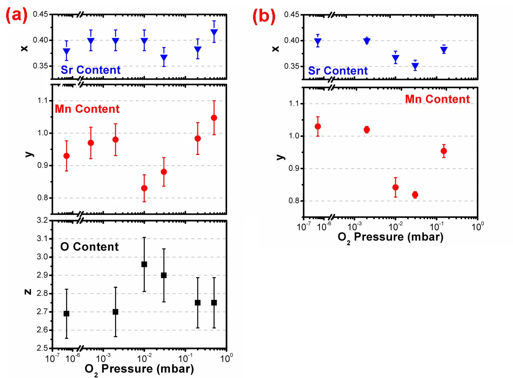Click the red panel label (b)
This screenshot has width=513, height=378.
pos(264,16)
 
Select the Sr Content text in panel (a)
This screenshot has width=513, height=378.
pos(90,70)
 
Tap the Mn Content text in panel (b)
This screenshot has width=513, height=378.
pos(437,99)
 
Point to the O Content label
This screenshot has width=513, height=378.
pos(89,247)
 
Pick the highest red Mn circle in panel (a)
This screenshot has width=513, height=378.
pos(214,118)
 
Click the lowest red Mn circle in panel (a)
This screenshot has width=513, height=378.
pos(144,188)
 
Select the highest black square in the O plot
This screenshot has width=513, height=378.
pos(144,264)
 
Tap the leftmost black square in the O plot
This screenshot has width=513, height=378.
pos(66,313)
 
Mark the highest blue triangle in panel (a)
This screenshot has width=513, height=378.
pos(214,33)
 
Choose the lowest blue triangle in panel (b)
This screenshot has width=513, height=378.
pos(415,66)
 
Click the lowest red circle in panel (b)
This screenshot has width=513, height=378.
pos(415,195)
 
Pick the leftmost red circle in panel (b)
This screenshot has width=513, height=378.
pos(318,126)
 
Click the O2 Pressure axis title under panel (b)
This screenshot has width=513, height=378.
pos(390,237)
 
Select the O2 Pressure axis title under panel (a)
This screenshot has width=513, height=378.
pos(139,369)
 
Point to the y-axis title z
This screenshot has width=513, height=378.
pos(28,292)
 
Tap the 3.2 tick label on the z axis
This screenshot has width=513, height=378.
pos(42,220)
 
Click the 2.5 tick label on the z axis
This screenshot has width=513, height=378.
pos(42,348)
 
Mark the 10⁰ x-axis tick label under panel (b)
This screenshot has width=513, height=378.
pos(478,226)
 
